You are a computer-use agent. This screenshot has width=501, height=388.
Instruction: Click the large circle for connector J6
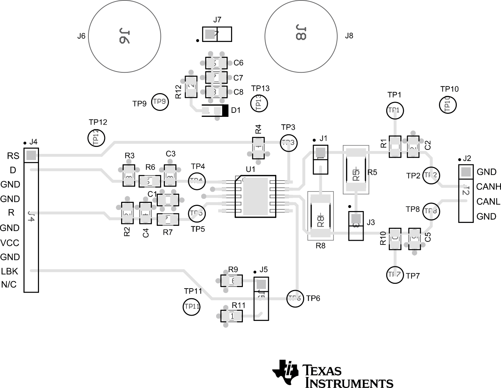124,36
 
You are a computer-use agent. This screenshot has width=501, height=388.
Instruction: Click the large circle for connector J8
300,36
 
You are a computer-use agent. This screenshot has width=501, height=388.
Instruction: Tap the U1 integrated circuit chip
256,196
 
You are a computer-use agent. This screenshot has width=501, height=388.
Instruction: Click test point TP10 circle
448,104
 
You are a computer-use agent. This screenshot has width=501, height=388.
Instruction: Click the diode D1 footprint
215,110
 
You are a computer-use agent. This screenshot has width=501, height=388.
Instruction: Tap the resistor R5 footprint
356,170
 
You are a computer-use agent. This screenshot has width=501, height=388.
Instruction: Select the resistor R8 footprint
321,216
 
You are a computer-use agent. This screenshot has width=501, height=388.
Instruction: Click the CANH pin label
489,187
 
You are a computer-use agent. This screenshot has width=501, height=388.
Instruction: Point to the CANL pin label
488,201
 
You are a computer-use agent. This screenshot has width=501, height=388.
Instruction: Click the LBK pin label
9,271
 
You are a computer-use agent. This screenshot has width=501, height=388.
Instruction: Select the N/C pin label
9,285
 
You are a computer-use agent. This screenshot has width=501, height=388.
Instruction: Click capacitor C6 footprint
216,63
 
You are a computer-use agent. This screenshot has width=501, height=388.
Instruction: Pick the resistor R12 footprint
191,86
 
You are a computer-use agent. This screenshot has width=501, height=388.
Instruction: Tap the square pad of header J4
31,155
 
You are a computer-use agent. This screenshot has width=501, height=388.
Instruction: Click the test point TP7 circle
394,275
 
